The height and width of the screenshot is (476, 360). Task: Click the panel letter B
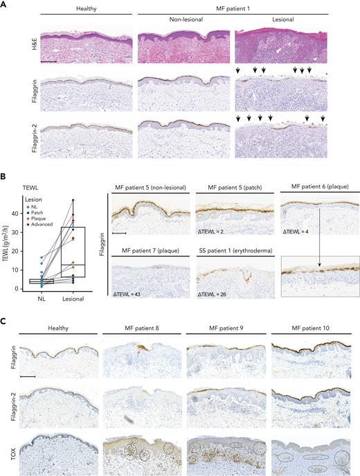pos(5,177)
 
